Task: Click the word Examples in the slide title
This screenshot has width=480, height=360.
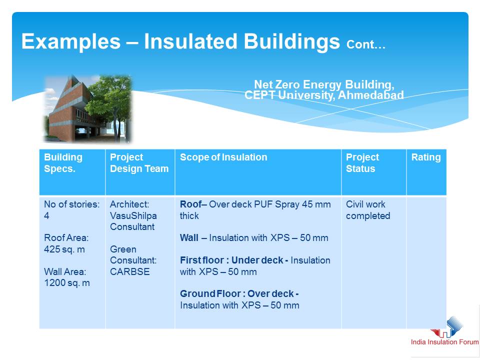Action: click(71, 41)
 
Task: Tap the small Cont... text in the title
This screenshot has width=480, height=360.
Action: click(366, 44)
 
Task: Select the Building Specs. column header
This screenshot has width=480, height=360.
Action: click(63, 163)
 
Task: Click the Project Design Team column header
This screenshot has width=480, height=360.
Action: click(139, 163)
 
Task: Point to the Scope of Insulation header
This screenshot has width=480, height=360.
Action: click(223, 157)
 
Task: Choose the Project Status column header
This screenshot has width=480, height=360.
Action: click(362, 163)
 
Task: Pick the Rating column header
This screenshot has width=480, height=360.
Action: click(426, 157)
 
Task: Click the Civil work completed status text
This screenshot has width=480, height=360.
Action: click(368, 210)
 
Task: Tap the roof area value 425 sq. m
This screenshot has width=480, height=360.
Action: click(64, 249)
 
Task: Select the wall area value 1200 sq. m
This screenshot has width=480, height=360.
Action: click(67, 283)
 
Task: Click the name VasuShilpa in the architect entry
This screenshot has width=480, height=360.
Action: click(133, 216)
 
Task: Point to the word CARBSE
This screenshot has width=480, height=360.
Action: click(130, 271)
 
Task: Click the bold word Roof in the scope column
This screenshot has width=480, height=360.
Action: click(190, 204)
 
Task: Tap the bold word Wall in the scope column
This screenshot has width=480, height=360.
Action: click(189, 238)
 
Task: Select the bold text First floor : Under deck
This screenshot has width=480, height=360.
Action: click(231, 260)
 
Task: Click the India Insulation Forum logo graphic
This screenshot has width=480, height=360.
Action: click(447, 327)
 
